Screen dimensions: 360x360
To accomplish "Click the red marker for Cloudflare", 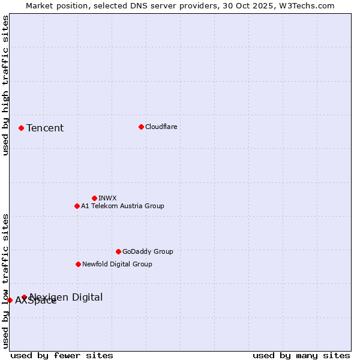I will point(141,127).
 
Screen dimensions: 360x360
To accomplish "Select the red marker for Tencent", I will point(21,128).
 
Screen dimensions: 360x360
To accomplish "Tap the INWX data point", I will point(94,198).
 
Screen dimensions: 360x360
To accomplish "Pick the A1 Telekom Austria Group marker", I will point(77,206).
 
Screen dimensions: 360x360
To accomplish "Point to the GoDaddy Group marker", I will point(118,251).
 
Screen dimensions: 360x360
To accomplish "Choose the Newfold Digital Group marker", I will point(78,264).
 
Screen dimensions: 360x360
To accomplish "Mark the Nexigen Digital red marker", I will point(25,297).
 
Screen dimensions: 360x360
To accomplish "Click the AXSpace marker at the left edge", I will point(10,300).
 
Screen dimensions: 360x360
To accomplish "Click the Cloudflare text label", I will point(161,127).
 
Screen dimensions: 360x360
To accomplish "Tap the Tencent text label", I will point(45,128).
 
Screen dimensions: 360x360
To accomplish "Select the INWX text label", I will point(107,198).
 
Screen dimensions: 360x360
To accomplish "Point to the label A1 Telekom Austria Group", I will point(122,206).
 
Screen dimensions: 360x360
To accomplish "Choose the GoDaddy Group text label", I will point(148,251).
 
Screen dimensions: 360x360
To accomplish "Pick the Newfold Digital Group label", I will point(117,264).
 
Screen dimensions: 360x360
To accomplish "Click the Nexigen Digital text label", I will point(66,297).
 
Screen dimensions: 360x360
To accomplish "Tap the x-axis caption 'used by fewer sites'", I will point(62,355).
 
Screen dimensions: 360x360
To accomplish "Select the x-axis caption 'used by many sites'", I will point(301,355).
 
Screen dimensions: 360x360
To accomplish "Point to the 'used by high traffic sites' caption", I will point(5,85).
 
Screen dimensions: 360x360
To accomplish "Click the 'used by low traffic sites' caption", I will point(5,280).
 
